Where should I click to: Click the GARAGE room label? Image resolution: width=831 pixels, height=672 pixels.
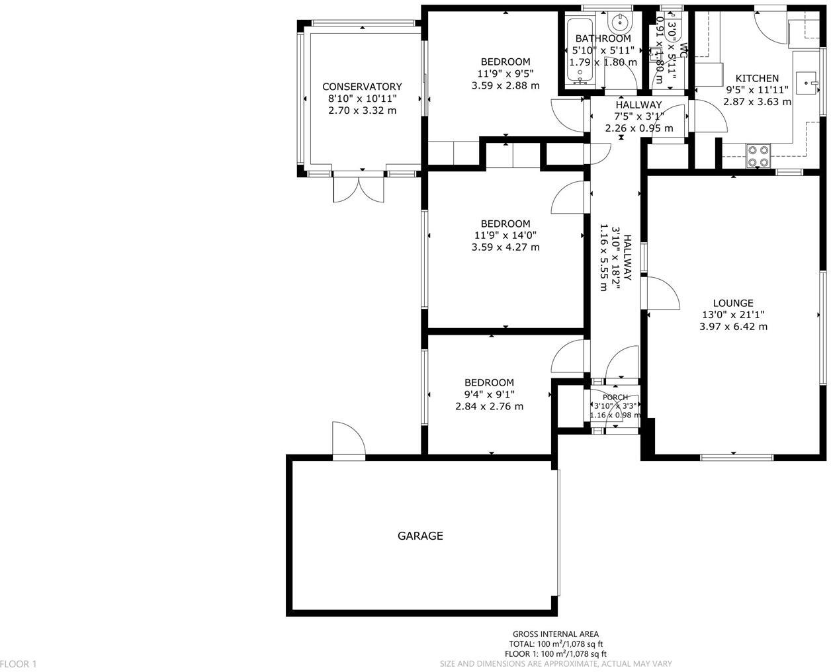coord(420,536)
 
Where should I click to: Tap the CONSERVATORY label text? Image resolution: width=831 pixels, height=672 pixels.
coord(362,87)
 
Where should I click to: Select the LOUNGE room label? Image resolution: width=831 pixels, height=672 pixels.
coord(733,303)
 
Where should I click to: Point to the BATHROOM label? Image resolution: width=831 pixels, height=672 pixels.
coord(603,38)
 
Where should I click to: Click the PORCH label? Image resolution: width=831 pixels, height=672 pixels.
coord(615,397)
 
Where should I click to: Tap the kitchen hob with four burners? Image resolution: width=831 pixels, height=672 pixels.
coord(758,155)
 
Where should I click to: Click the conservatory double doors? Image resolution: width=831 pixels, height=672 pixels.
coord(358,188)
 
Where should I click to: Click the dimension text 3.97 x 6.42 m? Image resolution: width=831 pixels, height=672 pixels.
coord(733,327)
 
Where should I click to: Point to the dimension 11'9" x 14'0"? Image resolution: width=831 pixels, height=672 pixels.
coord(505,235)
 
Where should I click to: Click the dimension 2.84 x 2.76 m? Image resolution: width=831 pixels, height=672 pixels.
coord(489,406)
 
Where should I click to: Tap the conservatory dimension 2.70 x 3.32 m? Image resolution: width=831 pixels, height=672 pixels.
coord(362,110)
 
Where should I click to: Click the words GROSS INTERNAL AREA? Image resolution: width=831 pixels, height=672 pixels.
coord(556,633)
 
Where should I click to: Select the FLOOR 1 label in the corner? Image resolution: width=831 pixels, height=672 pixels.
coord(19,663)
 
